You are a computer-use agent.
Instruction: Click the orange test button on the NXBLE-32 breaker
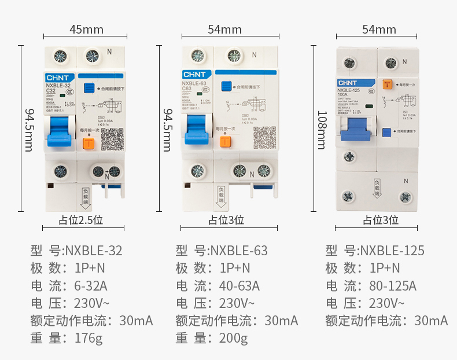pyautogui.click(x=89, y=144)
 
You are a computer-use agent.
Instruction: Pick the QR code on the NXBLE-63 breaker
pyautogui.click(x=264, y=138)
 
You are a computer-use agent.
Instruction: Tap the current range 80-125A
pyautogui.click(x=393, y=286)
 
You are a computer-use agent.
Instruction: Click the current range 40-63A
pyautogui.click(x=239, y=286)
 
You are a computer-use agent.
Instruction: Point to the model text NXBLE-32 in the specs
pyautogui.click(x=94, y=251)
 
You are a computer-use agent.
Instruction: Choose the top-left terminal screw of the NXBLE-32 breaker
pyautogui.click(x=60, y=56)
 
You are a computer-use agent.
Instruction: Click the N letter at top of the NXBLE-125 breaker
pyautogui.click(x=404, y=61)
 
